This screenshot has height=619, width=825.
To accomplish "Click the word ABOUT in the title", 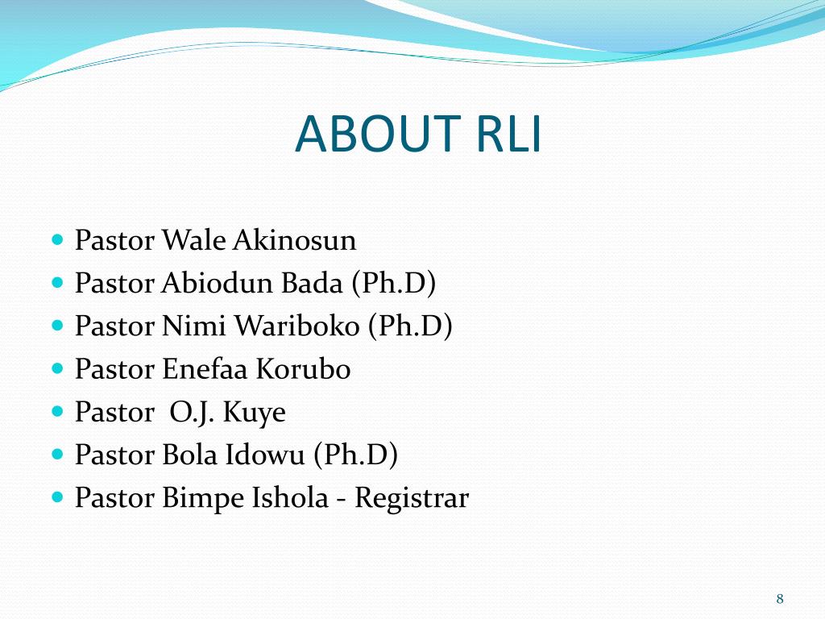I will click(366, 134).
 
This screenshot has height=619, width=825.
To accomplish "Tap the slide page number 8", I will click(780, 598).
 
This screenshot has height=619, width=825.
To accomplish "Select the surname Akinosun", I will click(295, 240).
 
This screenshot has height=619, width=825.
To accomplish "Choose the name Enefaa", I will click(205, 369).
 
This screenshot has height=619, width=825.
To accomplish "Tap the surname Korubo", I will click(303, 369).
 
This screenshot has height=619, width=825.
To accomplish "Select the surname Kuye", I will click(254, 412).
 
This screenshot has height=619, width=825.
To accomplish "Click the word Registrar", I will click(411, 499).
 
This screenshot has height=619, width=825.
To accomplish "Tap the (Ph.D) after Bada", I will click(392, 284).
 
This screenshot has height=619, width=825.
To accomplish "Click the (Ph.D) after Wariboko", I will click(410, 326).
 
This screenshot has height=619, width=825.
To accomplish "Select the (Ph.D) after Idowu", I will click(355, 455).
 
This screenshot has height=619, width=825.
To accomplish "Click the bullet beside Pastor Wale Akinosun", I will click(56, 240).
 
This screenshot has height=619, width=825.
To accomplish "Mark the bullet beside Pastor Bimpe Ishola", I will click(56, 498).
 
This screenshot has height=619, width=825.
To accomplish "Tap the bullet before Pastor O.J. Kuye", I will click(56, 412).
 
